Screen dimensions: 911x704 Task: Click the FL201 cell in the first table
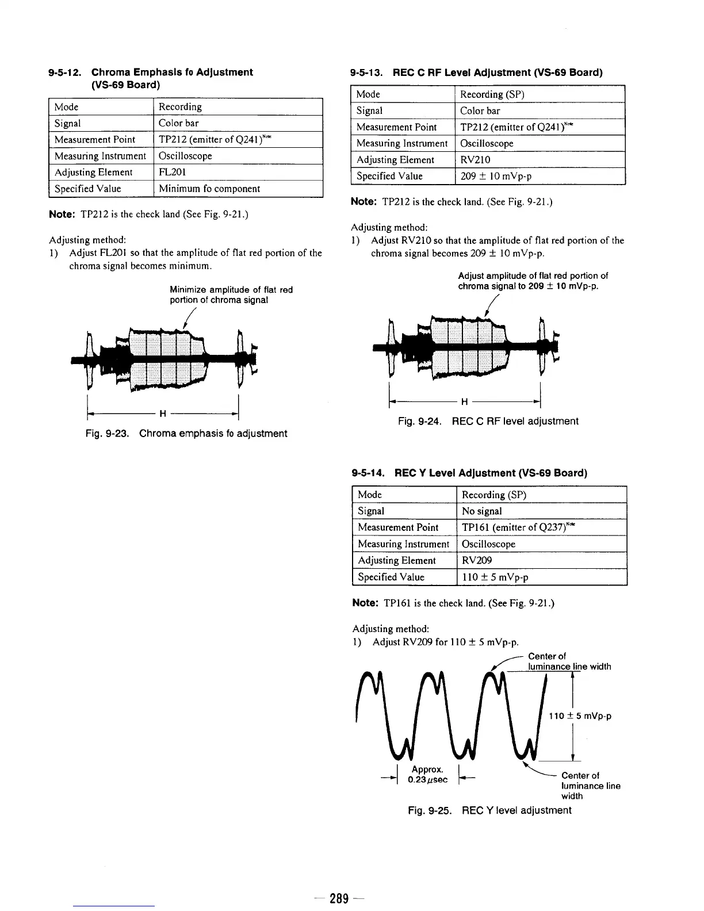pyautogui.click(x=172, y=173)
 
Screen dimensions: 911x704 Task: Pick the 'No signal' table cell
pyautogui.click(x=482, y=511)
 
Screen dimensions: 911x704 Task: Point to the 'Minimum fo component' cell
pyautogui.click(x=209, y=189)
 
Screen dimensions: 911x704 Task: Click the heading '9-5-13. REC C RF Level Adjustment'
pyautogui.click(x=477, y=72)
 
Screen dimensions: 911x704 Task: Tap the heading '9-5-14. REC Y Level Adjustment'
pyautogui.click(x=469, y=473)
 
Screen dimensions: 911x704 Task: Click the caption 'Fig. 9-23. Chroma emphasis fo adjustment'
pyautogui.click(x=186, y=434)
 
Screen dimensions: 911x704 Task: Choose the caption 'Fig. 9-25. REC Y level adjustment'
pyautogui.click(x=489, y=811)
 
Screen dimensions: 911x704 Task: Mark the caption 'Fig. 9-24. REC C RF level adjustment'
pyautogui.click(x=488, y=422)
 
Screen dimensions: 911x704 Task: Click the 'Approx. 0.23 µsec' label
pyautogui.click(x=427, y=775)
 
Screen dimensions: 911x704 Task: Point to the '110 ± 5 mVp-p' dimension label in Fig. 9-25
pyautogui.click(x=579, y=717)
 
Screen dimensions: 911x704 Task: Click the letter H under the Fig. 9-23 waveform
pyautogui.click(x=163, y=414)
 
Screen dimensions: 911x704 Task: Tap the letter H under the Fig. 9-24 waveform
pyautogui.click(x=465, y=402)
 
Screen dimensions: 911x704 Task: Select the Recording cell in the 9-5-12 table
pyautogui.click(x=180, y=107)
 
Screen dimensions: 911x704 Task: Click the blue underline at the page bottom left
pyautogui.click(x=114, y=906)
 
